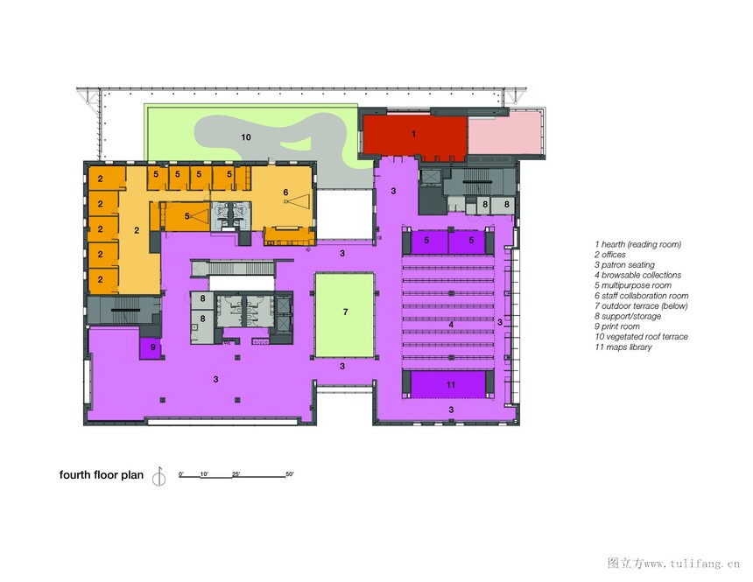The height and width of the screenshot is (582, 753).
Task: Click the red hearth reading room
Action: (414, 137)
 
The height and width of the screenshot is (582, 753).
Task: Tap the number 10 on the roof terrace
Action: (246, 137)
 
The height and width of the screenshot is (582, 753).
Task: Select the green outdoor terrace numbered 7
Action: (345, 315)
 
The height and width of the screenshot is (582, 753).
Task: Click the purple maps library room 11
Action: (450, 384)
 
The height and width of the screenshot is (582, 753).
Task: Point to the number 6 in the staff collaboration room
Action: (285, 193)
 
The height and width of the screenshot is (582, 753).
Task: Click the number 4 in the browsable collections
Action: (451, 325)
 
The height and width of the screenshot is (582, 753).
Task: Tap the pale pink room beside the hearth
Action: (506, 133)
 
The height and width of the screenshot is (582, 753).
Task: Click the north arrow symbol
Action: (159, 476)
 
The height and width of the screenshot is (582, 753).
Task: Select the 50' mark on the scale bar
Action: (290, 474)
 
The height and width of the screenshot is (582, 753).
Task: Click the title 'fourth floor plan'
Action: (102, 475)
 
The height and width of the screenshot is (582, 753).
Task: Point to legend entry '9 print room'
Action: (617, 326)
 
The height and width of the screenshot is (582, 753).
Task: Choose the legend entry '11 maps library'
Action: (623, 347)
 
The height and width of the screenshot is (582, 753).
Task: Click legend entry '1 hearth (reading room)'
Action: (637, 244)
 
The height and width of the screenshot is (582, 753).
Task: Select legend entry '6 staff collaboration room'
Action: (642, 296)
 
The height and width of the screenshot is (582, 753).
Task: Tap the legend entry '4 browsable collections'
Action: (637, 275)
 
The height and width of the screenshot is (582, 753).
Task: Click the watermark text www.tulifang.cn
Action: (692, 564)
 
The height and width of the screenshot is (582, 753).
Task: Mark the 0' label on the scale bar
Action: (181, 474)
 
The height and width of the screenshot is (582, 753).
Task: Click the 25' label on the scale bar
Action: (236, 474)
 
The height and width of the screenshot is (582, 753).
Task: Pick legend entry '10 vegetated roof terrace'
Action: (641, 337)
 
